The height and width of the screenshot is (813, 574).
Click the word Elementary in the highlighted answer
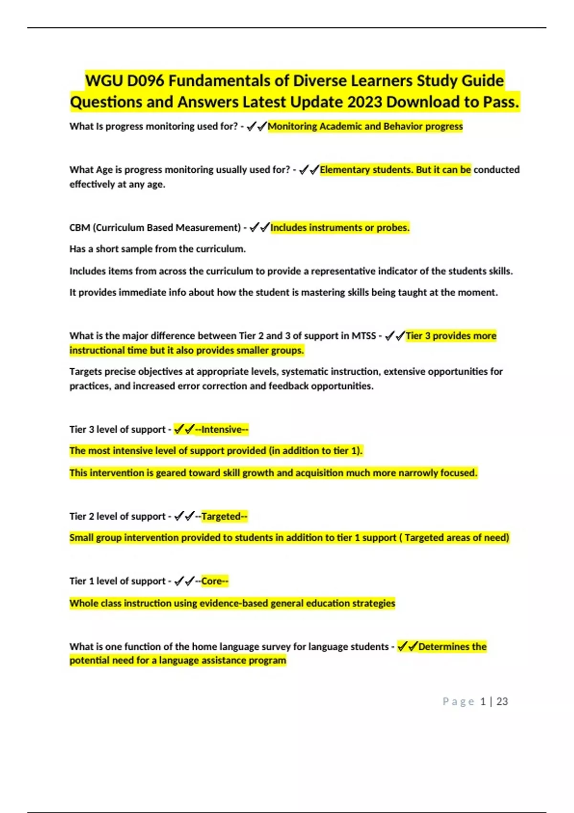coord(342,170)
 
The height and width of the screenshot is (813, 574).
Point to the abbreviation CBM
coord(80,228)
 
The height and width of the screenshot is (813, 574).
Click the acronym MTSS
coord(364,336)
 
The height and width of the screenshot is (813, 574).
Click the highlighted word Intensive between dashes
coord(221,429)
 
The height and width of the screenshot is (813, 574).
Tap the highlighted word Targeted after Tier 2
coord(221,516)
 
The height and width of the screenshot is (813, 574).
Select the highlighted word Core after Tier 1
coord(211,581)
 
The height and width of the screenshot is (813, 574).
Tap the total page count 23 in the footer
coord(502,702)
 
